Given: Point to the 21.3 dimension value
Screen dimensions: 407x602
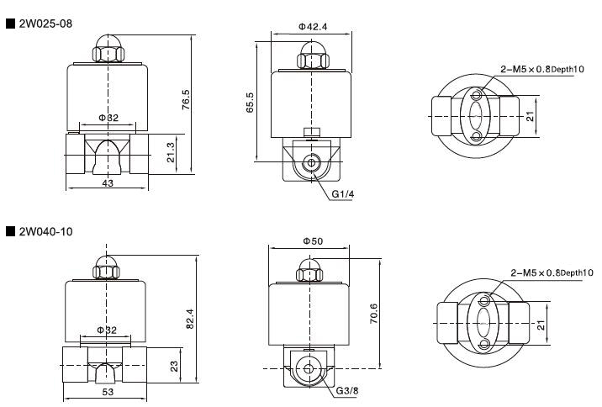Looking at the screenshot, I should tap(172, 153).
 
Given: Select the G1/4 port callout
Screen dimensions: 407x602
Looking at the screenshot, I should tap(343, 194).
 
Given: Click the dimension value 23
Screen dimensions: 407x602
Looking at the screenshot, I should tap(175, 365).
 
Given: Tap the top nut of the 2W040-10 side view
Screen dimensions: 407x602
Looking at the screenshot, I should tap(308, 270).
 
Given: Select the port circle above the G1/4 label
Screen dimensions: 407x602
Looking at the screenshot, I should tap(313, 161).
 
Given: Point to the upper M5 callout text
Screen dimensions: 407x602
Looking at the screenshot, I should tap(542, 68).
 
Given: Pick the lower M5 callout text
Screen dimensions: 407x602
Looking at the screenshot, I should tap(552, 272).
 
